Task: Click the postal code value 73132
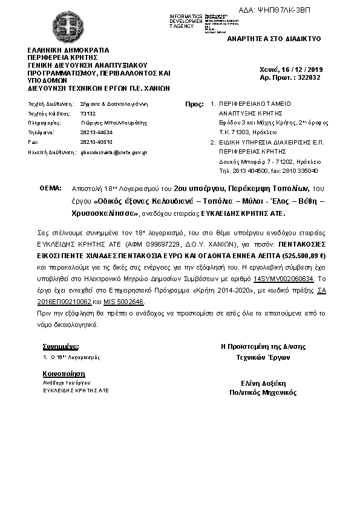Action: pyautogui.click(x=88, y=113)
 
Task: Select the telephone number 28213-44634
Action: pyautogui.click(x=96, y=132)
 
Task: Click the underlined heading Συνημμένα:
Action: pyautogui.click(x=61, y=347)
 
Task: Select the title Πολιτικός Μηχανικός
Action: pyautogui.click(x=263, y=392)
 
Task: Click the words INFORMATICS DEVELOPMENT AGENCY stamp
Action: pyautogui.click(x=186, y=20)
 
